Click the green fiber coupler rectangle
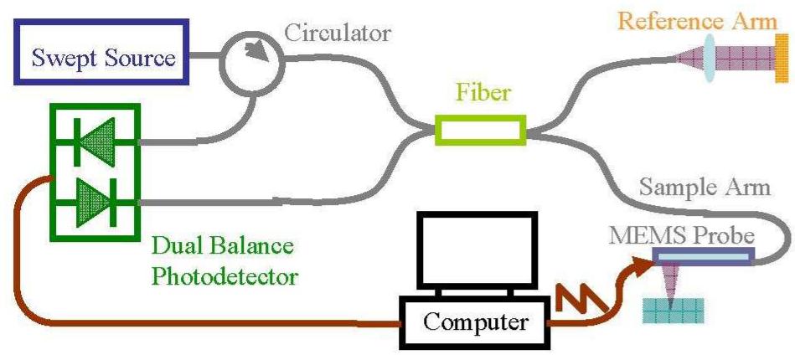[x=481, y=131]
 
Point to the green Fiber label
[x=483, y=93]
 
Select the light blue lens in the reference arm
[x=708, y=58]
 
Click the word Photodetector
[x=225, y=275]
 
